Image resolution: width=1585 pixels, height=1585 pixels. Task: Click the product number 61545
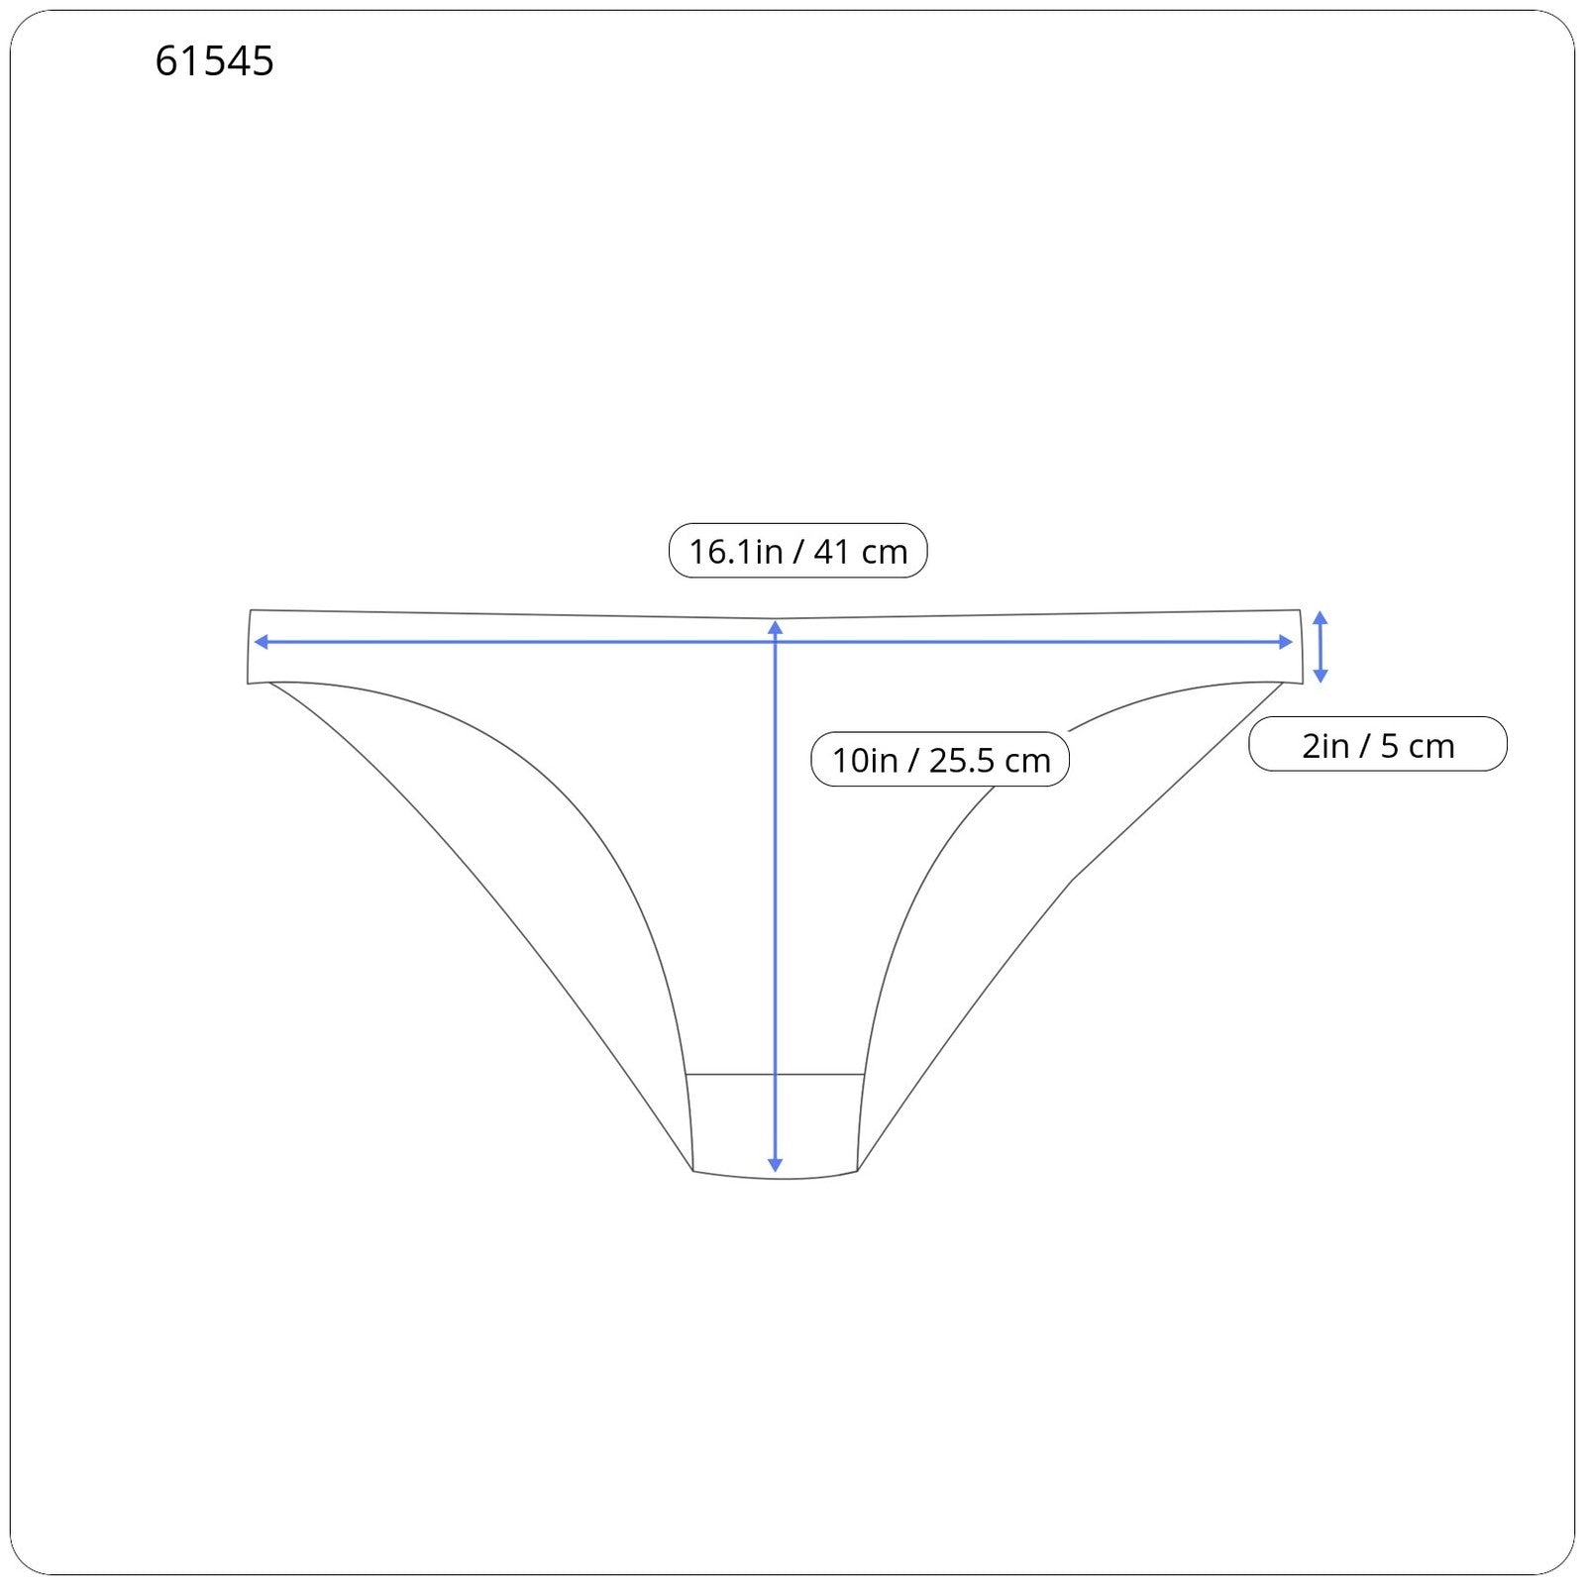214,61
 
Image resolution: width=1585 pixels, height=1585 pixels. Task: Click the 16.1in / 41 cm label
798,551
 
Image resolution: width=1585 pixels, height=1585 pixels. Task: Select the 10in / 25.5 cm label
940,760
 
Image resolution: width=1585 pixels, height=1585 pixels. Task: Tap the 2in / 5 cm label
1378,745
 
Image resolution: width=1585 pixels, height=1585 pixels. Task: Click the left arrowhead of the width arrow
261,642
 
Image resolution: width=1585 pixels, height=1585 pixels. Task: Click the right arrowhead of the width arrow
1286,642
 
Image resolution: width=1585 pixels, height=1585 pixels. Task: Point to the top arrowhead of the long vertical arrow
776,627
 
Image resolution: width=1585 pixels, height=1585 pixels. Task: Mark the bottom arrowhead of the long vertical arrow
776,1166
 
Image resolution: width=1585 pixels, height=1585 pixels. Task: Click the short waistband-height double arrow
1320,647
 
